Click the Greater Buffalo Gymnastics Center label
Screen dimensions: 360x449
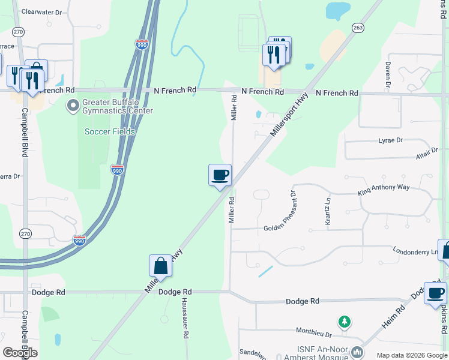click(118, 106)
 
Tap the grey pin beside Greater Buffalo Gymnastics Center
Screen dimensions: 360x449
click(73, 106)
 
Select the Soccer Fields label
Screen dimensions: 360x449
click(110, 131)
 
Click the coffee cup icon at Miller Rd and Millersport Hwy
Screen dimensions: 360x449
click(220, 175)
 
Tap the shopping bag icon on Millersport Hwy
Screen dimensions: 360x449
click(160, 265)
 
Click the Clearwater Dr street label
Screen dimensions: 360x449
click(42, 11)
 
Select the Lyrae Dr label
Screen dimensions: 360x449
click(391, 140)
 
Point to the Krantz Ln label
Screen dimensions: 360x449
click(328, 212)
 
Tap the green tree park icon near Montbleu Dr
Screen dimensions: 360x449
click(344, 323)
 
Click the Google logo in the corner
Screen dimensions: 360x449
click(20, 353)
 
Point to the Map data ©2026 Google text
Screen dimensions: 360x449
click(411, 355)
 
